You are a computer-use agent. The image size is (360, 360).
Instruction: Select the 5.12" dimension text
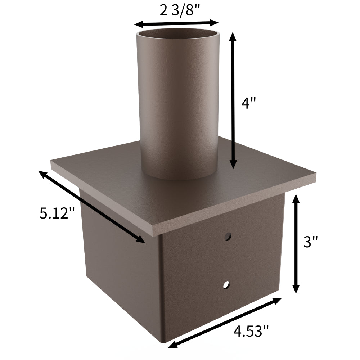click(57, 213)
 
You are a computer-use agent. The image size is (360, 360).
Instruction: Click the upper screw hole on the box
click(227, 237)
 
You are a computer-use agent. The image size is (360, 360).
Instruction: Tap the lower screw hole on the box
click(226, 285)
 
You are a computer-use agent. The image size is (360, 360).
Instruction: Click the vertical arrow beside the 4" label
click(234, 101)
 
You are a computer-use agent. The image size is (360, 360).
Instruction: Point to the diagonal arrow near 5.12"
click(92, 207)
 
